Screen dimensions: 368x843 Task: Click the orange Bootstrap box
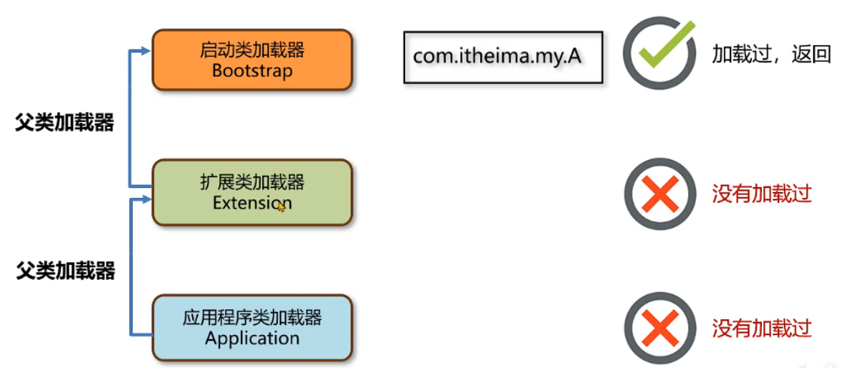point(252,60)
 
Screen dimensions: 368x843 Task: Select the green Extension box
point(252,192)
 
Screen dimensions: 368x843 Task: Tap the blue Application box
point(252,327)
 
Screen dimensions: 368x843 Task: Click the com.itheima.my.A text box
point(503,57)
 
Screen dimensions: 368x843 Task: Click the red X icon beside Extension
point(659,194)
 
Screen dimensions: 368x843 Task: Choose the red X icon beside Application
point(659,329)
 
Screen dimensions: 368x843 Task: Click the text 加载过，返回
point(771,55)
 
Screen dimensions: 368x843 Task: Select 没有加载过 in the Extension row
point(761,193)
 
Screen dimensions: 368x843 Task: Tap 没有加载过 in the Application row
point(761,328)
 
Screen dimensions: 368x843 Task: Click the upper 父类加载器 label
point(65,123)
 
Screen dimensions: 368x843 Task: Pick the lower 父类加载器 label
point(66,271)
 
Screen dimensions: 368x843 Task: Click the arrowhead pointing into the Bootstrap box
point(146,52)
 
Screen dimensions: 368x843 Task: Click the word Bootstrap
point(252,71)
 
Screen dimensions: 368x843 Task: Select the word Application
point(252,338)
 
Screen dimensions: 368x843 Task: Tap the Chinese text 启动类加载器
point(252,49)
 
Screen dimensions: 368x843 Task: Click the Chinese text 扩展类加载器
point(252,182)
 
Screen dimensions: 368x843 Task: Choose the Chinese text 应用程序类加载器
point(252,317)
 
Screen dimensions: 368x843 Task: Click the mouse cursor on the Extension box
point(281,206)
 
